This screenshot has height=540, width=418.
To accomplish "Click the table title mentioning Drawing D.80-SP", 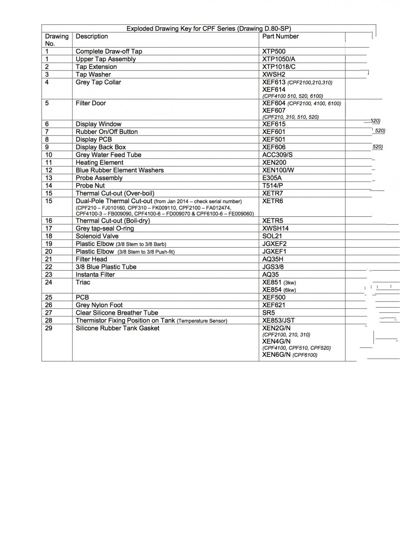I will click(x=209, y=28).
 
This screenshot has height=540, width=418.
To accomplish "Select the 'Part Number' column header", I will click(x=280, y=36).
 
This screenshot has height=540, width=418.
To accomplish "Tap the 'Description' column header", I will click(x=92, y=36).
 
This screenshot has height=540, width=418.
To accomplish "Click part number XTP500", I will click(x=274, y=51).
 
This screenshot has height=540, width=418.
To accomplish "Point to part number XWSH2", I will click(x=274, y=74).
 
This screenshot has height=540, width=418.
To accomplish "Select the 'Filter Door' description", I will click(x=90, y=103).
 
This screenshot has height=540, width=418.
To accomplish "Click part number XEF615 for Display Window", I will click(x=274, y=124).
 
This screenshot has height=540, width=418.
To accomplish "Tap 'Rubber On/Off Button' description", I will click(x=106, y=132).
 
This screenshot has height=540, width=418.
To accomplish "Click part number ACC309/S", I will click(x=277, y=155).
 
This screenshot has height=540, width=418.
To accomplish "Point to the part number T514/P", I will click(x=272, y=186).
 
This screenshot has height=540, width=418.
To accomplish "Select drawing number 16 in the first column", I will click(x=49, y=221).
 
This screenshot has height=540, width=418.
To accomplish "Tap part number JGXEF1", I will click(x=274, y=251).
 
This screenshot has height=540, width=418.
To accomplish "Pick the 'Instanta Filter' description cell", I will click(x=95, y=275).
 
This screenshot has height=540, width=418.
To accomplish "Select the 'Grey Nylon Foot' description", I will click(x=99, y=305).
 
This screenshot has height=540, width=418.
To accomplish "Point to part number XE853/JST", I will click(x=278, y=321).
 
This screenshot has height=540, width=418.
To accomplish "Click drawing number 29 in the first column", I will click(x=49, y=328).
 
